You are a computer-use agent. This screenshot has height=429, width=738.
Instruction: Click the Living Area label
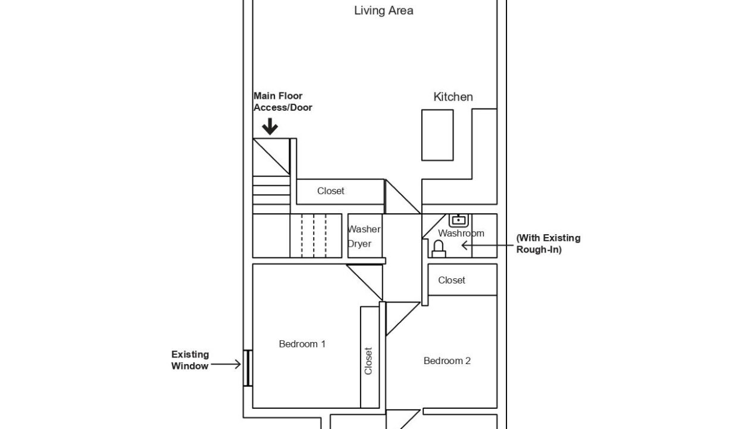pyautogui.click(x=383, y=11)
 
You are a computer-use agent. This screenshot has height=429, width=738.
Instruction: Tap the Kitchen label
pyautogui.click(x=453, y=97)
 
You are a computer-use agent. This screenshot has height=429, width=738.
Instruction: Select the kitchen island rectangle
pyautogui.click(x=437, y=135)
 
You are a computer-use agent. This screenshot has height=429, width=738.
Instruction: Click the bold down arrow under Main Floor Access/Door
pyautogui.click(x=270, y=126)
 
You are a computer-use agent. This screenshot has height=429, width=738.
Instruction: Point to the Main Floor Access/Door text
pyautogui.click(x=283, y=101)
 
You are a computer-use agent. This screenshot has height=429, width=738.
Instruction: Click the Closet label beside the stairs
pyautogui.click(x=330, y=191)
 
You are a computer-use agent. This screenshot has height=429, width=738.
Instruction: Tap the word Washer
pyautogui.click(x=364, y=229)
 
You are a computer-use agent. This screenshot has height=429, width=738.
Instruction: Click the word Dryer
pyautogui.click(x=359, y=244)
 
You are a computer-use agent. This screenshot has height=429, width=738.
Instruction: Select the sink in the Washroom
pyautogui.click(x=458, y=220)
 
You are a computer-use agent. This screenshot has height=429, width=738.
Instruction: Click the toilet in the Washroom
pyautogui.click(x=439, y=249)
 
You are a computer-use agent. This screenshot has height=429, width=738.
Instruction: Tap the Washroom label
pyautogui.click(x=461, y=233)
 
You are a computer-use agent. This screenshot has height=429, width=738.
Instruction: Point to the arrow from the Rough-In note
pyautogui.click(x=487, y=245)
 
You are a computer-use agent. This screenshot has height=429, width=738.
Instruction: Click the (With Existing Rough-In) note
pyautogui.click(x=548, y=244)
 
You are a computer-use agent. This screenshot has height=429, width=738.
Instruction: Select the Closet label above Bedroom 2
pyautogui.click(x=451, y=280)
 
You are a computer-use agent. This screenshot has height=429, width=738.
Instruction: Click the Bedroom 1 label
pyautogui.click(x=302, y=344)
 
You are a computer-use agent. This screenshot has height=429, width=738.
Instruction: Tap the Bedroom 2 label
pyautogui.click(x=447, y=360)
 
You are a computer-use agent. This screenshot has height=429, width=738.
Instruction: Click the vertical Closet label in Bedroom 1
pyautogui.click(x=368, y=361)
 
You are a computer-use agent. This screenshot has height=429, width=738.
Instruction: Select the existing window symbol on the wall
pyautogui.click(x=248, y=368)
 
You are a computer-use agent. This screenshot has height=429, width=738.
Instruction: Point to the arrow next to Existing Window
pyautogui.click(x=226, y=365)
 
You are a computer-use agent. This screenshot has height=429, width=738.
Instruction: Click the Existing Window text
pyautogui.click(x=190, y=360)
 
